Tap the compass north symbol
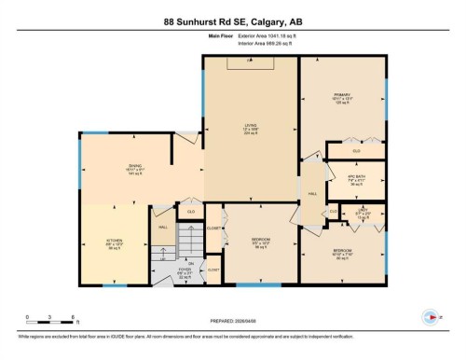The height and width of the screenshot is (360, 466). [430, 316]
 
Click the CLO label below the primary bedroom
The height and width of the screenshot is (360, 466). [356, 150]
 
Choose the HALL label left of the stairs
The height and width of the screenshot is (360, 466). [162, 228]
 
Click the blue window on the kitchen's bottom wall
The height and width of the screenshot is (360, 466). [114, 286]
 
